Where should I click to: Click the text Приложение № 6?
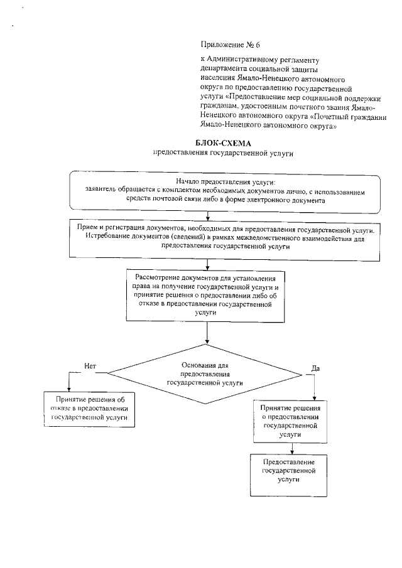[x=225, y=45]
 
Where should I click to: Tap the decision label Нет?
[x=89, y=366]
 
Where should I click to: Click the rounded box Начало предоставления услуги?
[x=225, y=191]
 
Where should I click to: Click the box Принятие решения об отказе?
[x=89, y=407]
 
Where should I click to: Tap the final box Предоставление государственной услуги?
[x=288, y=470]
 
